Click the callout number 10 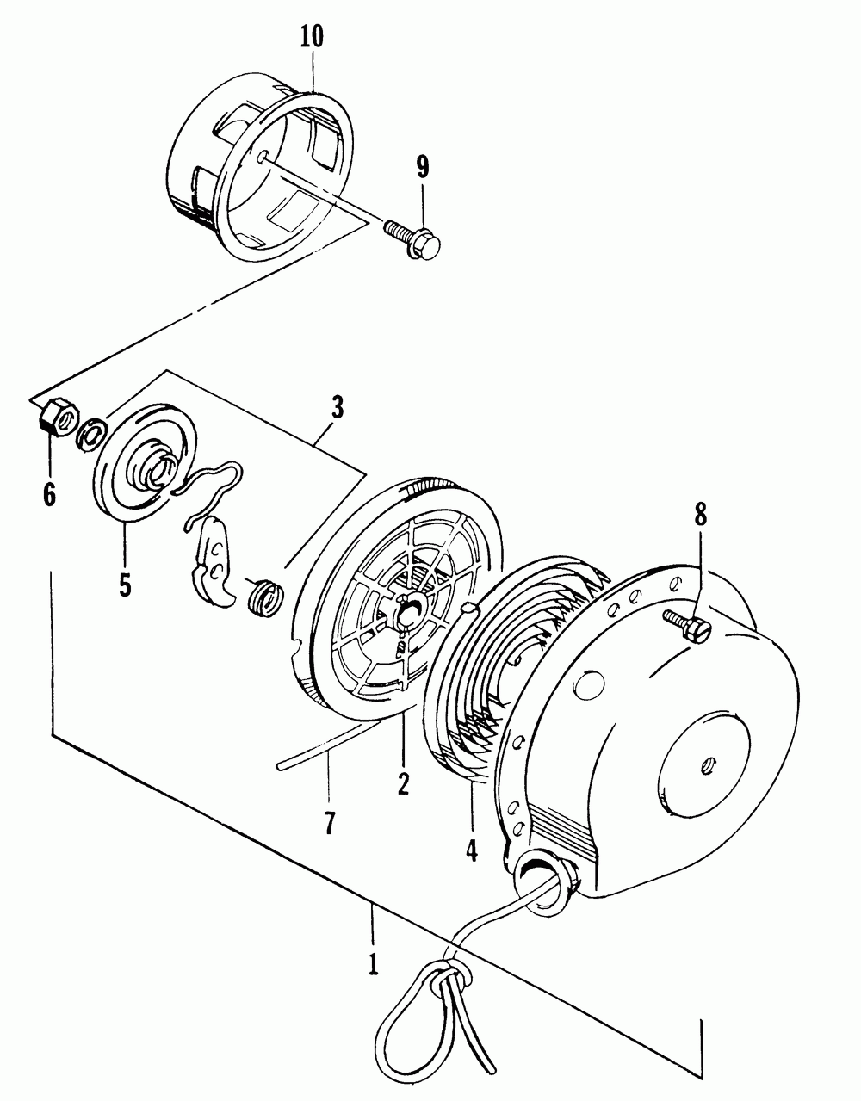tap(313, 37)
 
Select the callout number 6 tap(49, 493)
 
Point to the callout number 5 tap(125, 585)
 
